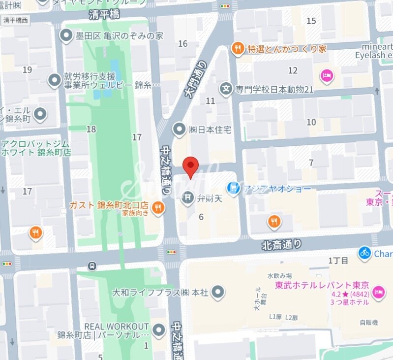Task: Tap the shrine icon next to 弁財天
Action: click(187, 198)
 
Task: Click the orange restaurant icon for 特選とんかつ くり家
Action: click(238, 48)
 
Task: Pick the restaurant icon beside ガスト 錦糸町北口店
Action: click(158, 208)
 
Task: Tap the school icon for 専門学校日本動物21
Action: click(226, 89)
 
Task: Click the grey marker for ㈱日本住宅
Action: click(180, 130)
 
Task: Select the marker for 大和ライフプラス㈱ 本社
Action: click(217, 292)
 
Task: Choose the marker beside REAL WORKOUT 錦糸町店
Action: click(158, 330)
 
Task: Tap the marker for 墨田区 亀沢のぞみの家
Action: click(65, 35)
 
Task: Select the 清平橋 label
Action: click(104, 15)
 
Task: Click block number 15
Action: click(311, 21)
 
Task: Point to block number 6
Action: click(201, 217)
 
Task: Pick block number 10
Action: click(311, 122)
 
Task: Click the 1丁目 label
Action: click(338, 260)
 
